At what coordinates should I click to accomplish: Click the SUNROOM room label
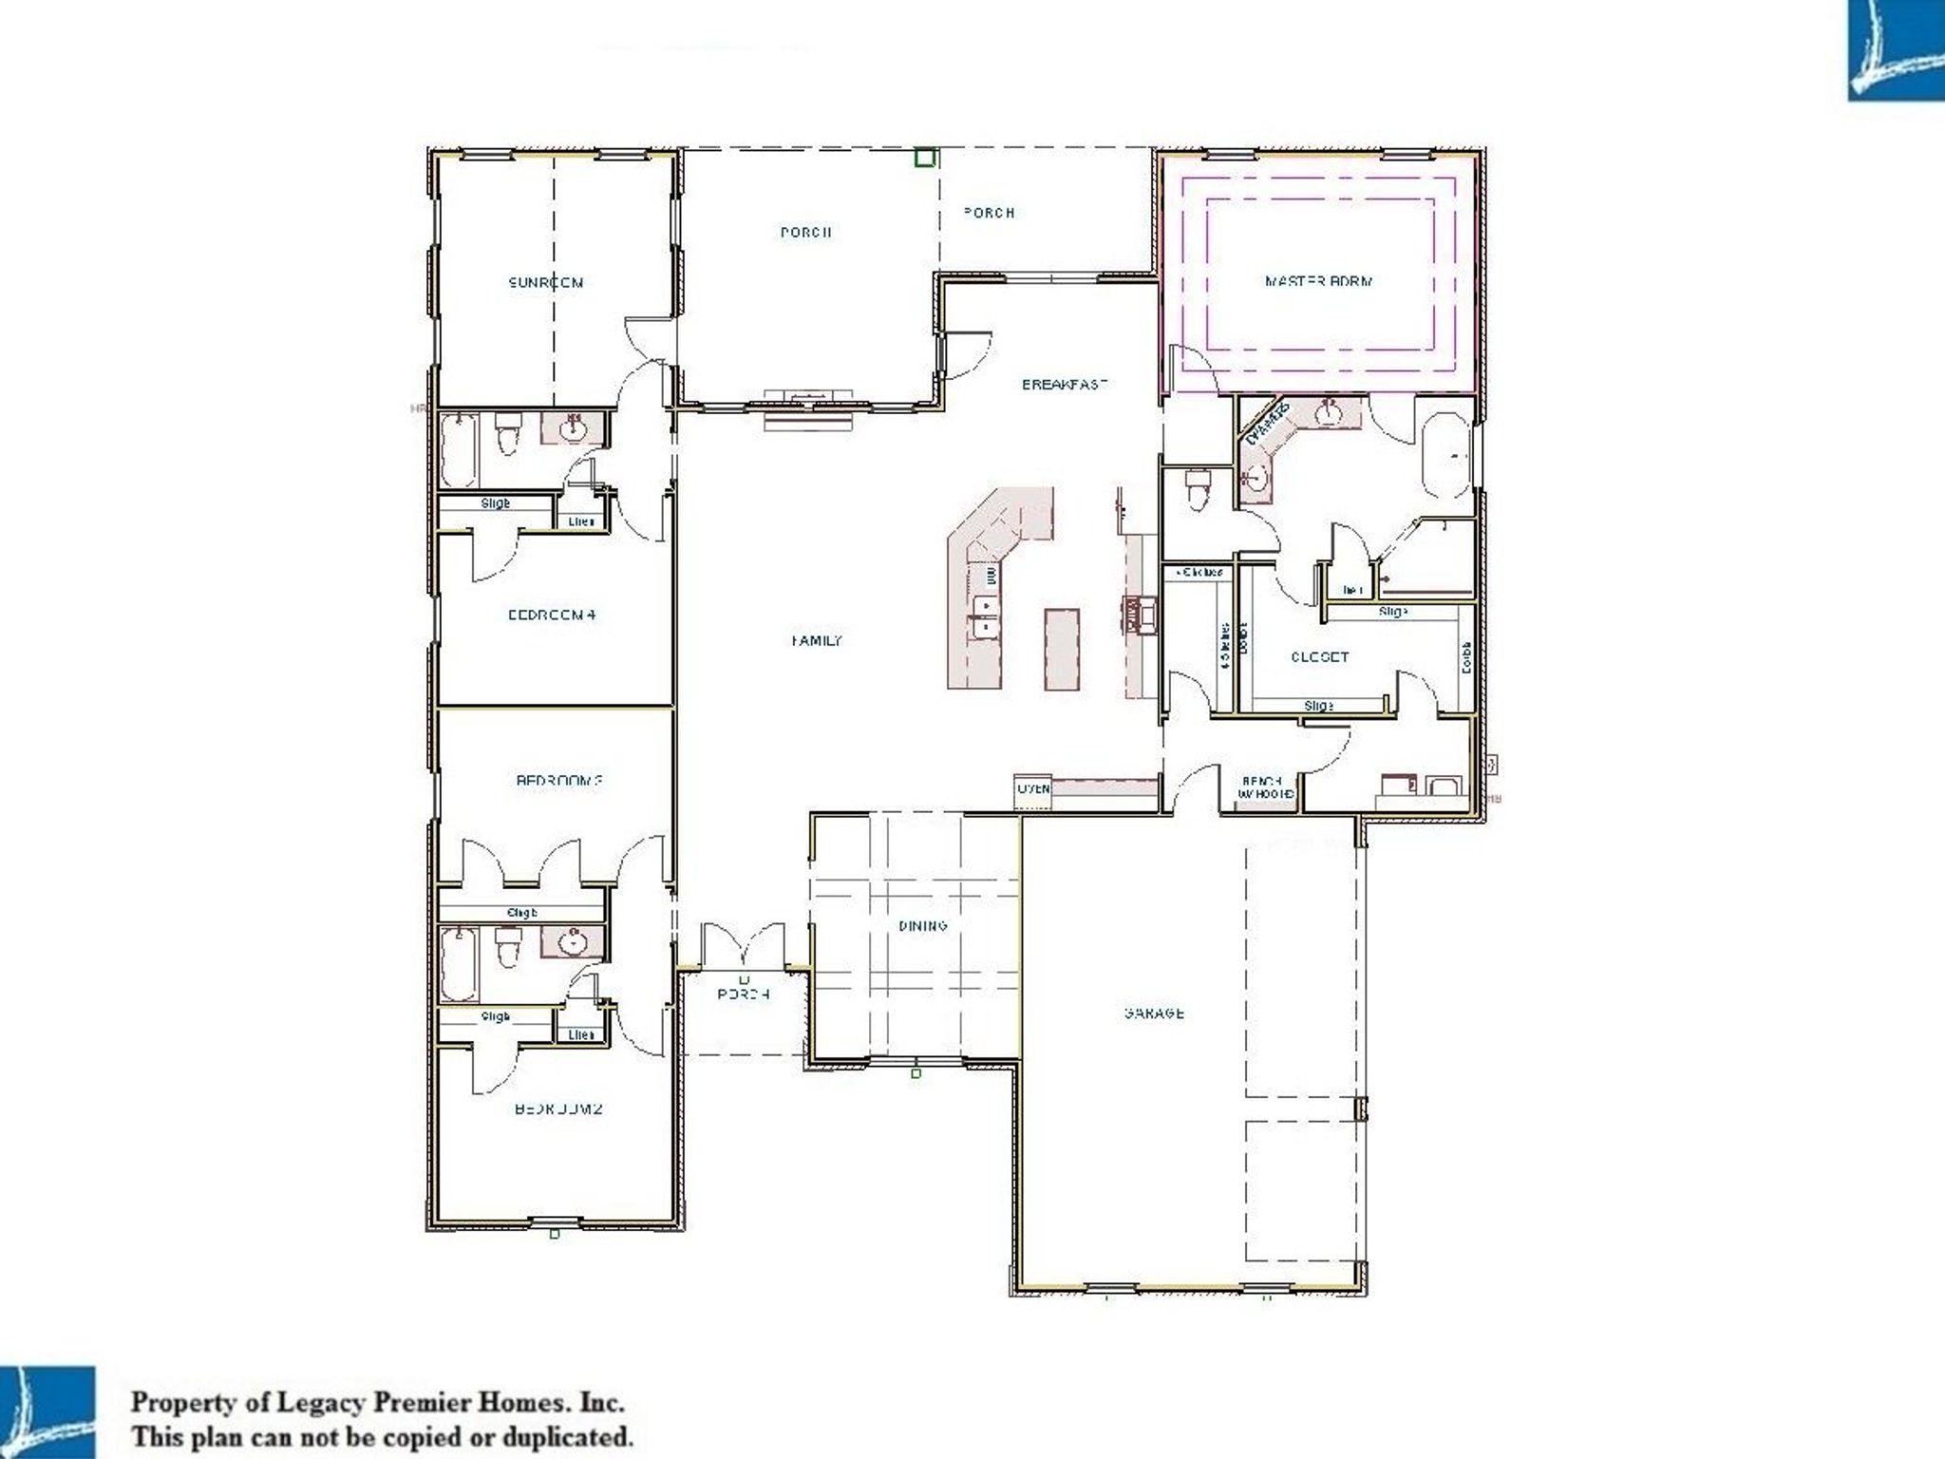546,282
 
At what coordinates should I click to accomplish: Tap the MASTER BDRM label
1318,281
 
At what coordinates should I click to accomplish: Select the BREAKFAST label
1065,385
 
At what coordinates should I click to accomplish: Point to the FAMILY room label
817,641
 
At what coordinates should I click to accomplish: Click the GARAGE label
1154,1014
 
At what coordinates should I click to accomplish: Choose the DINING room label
922,926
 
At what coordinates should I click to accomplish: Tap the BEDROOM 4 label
552,615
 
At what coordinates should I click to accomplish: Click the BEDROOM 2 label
559,1108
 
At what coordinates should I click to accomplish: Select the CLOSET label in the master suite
1319,657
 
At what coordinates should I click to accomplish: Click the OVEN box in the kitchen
1033,789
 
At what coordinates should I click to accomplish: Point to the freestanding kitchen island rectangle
1063,650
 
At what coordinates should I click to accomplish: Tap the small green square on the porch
924,158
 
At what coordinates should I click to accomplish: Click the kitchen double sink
984,615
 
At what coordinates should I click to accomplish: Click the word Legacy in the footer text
319,1402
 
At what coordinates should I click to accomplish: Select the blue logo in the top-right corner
1896,49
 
